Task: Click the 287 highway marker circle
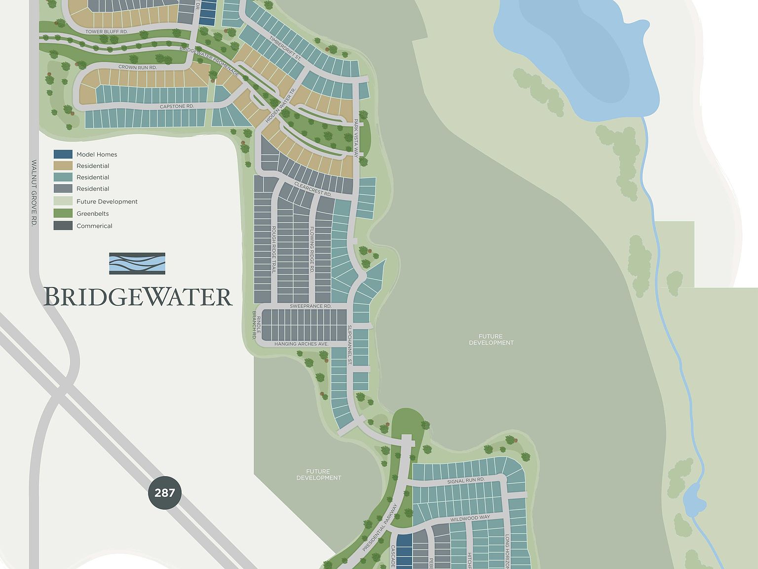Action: (x=164, y=492)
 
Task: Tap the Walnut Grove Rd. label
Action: (x=34, y=193)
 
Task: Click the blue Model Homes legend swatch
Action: (x=63, y=154)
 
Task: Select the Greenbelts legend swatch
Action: (x=63, y=213)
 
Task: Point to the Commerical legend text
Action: (x=94, y=226)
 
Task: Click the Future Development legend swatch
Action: (x=63, y=201)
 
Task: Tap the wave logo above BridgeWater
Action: (x=137, y=263)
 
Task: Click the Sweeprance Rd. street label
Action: (x=310, y=306)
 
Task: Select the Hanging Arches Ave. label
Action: (x=302, y=344)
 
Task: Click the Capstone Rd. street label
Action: (x=177, y=106)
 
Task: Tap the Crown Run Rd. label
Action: (x=137, y=67)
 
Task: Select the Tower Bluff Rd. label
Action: (x=107, y=31)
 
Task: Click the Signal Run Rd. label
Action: (x=466, y=480)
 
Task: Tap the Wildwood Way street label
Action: (x=470, y=517)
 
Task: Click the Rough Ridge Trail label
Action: (x=274, y=250)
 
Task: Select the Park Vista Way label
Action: (x=356, y=138)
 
